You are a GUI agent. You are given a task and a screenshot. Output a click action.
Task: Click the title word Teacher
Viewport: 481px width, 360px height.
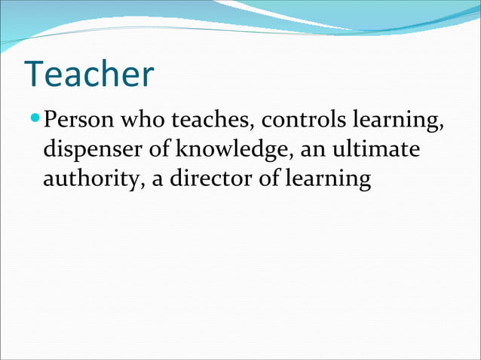[89, 74]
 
